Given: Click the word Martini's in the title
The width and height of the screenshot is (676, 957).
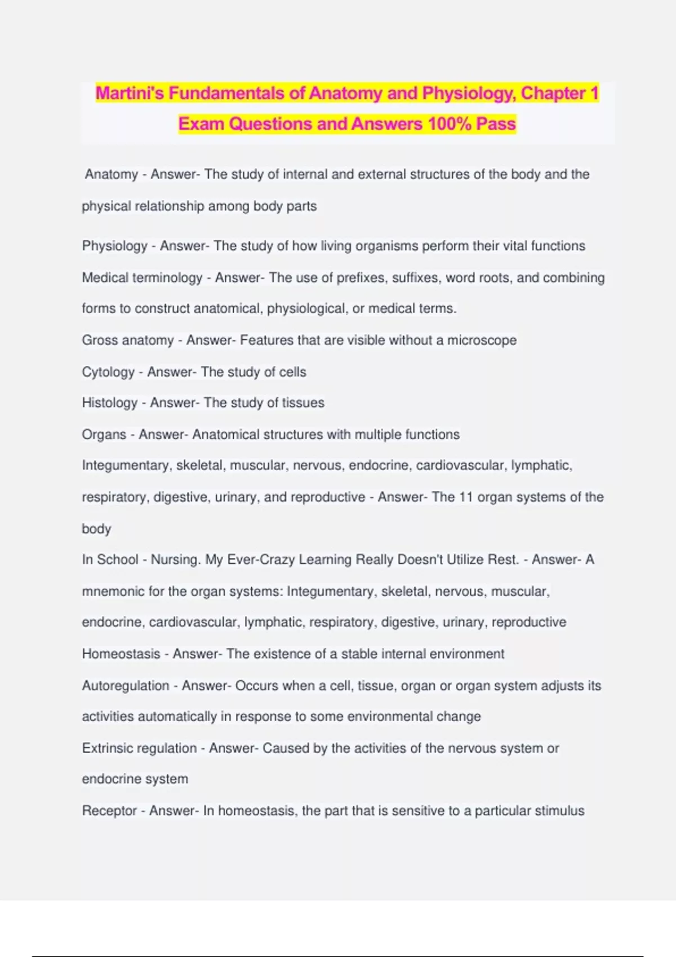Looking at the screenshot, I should (x=130, y=93).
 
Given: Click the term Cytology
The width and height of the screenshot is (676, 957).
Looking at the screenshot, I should (x=108, y=372).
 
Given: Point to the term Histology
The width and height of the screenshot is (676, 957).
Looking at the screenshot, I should (x=110, y=403).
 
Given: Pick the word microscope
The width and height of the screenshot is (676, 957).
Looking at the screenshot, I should (x=482, y=340).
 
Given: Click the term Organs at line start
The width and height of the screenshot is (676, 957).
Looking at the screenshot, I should (x=104, y=435).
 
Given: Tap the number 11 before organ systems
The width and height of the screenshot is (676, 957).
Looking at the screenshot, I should (x=465, y=497).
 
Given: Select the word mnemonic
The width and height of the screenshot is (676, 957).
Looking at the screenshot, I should (x=113, y=592).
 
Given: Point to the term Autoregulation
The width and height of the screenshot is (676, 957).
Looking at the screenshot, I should (x=126, y=686).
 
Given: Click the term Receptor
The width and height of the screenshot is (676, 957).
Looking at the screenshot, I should (x=109, y=811).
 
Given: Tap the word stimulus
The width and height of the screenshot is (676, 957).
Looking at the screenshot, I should (x=559, y=811).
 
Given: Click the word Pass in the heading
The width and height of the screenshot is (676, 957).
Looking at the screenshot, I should (x=496, y=124).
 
